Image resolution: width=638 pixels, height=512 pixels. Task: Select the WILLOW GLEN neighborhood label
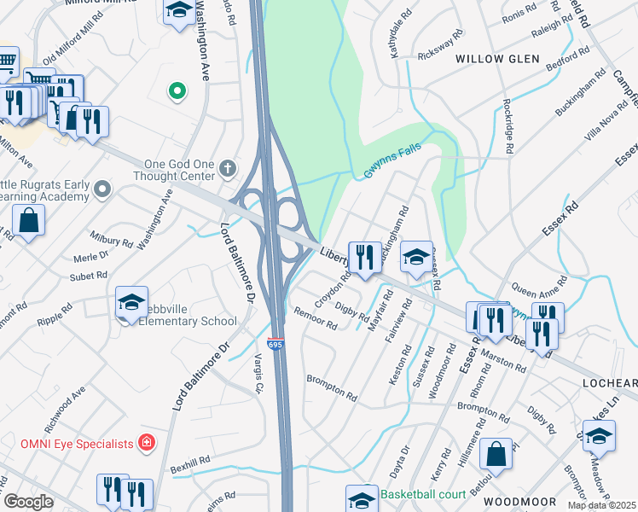pyautogui.click(x=497, y=59)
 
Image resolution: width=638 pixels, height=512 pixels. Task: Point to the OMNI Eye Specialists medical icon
pyautogui.click(x=147, y=443)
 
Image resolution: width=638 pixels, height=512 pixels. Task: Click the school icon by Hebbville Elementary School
pyautogui.click(x=132, y=302)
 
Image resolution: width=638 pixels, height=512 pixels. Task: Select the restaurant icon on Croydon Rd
pyautogui.click(x=365, y=256)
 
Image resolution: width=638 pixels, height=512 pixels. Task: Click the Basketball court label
pyautogui.click(x=423, y=494)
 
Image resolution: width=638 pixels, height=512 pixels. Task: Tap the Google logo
pyautogui.click(x=27, y=502)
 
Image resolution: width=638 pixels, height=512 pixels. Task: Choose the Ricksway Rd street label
pyautogui.click(x=439, y=53)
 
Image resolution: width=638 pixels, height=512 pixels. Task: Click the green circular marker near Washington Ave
pyautogui.click(x=177, y=90)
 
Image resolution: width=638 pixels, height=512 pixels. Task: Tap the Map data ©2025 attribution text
pyautogui.click(x=600, y=505)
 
